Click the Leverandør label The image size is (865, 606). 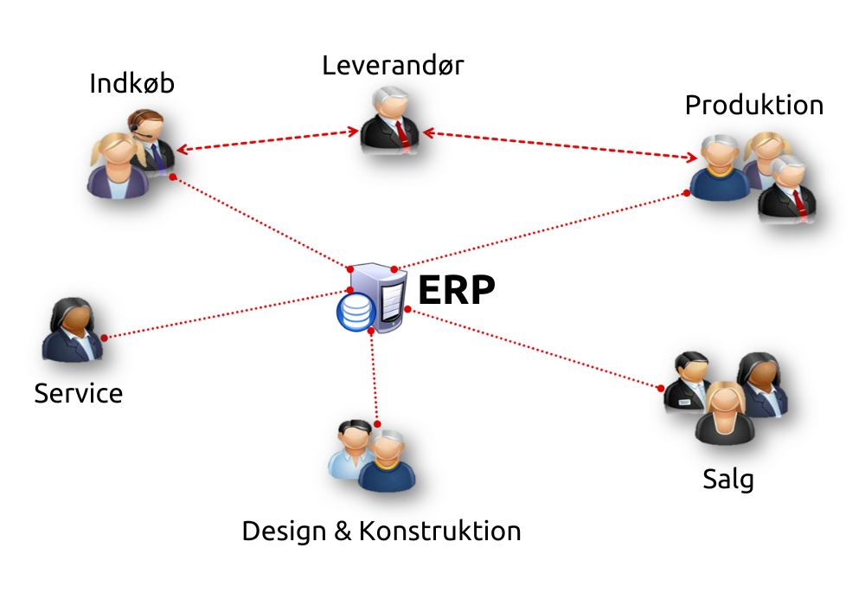tap(393, 66)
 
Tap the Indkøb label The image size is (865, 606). tap(131, 84)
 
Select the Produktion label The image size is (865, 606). tap(753, 106)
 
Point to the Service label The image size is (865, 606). tap(78, 394)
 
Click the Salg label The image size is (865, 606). tap(727, 479)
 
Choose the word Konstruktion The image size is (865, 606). tap(439, 531)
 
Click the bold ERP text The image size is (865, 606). tap(456, 292)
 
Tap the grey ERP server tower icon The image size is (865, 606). tap(388, 299)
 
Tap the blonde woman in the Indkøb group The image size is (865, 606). tap(115, 164)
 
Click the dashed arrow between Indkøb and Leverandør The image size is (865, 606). tap(268, 140)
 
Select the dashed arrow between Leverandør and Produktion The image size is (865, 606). tap(562, 145)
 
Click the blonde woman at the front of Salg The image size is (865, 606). tap(726, 414)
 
